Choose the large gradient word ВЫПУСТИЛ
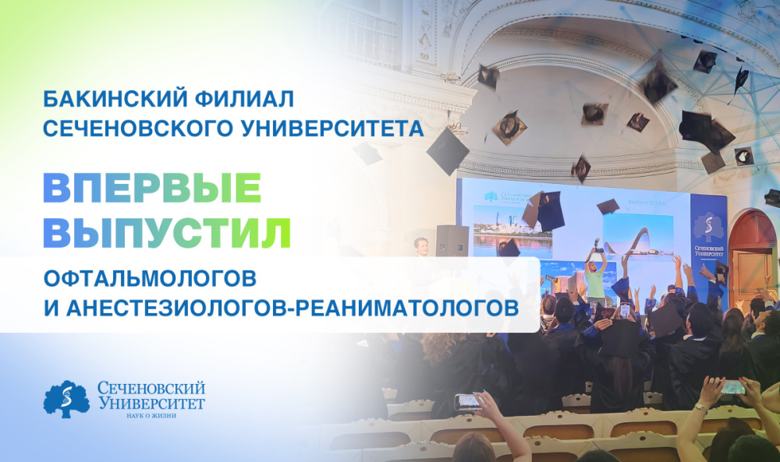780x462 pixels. point(167,231)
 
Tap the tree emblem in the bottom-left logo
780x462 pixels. point(66,398)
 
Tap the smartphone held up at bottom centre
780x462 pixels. point(468,400)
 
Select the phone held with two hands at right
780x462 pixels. point(732,386)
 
